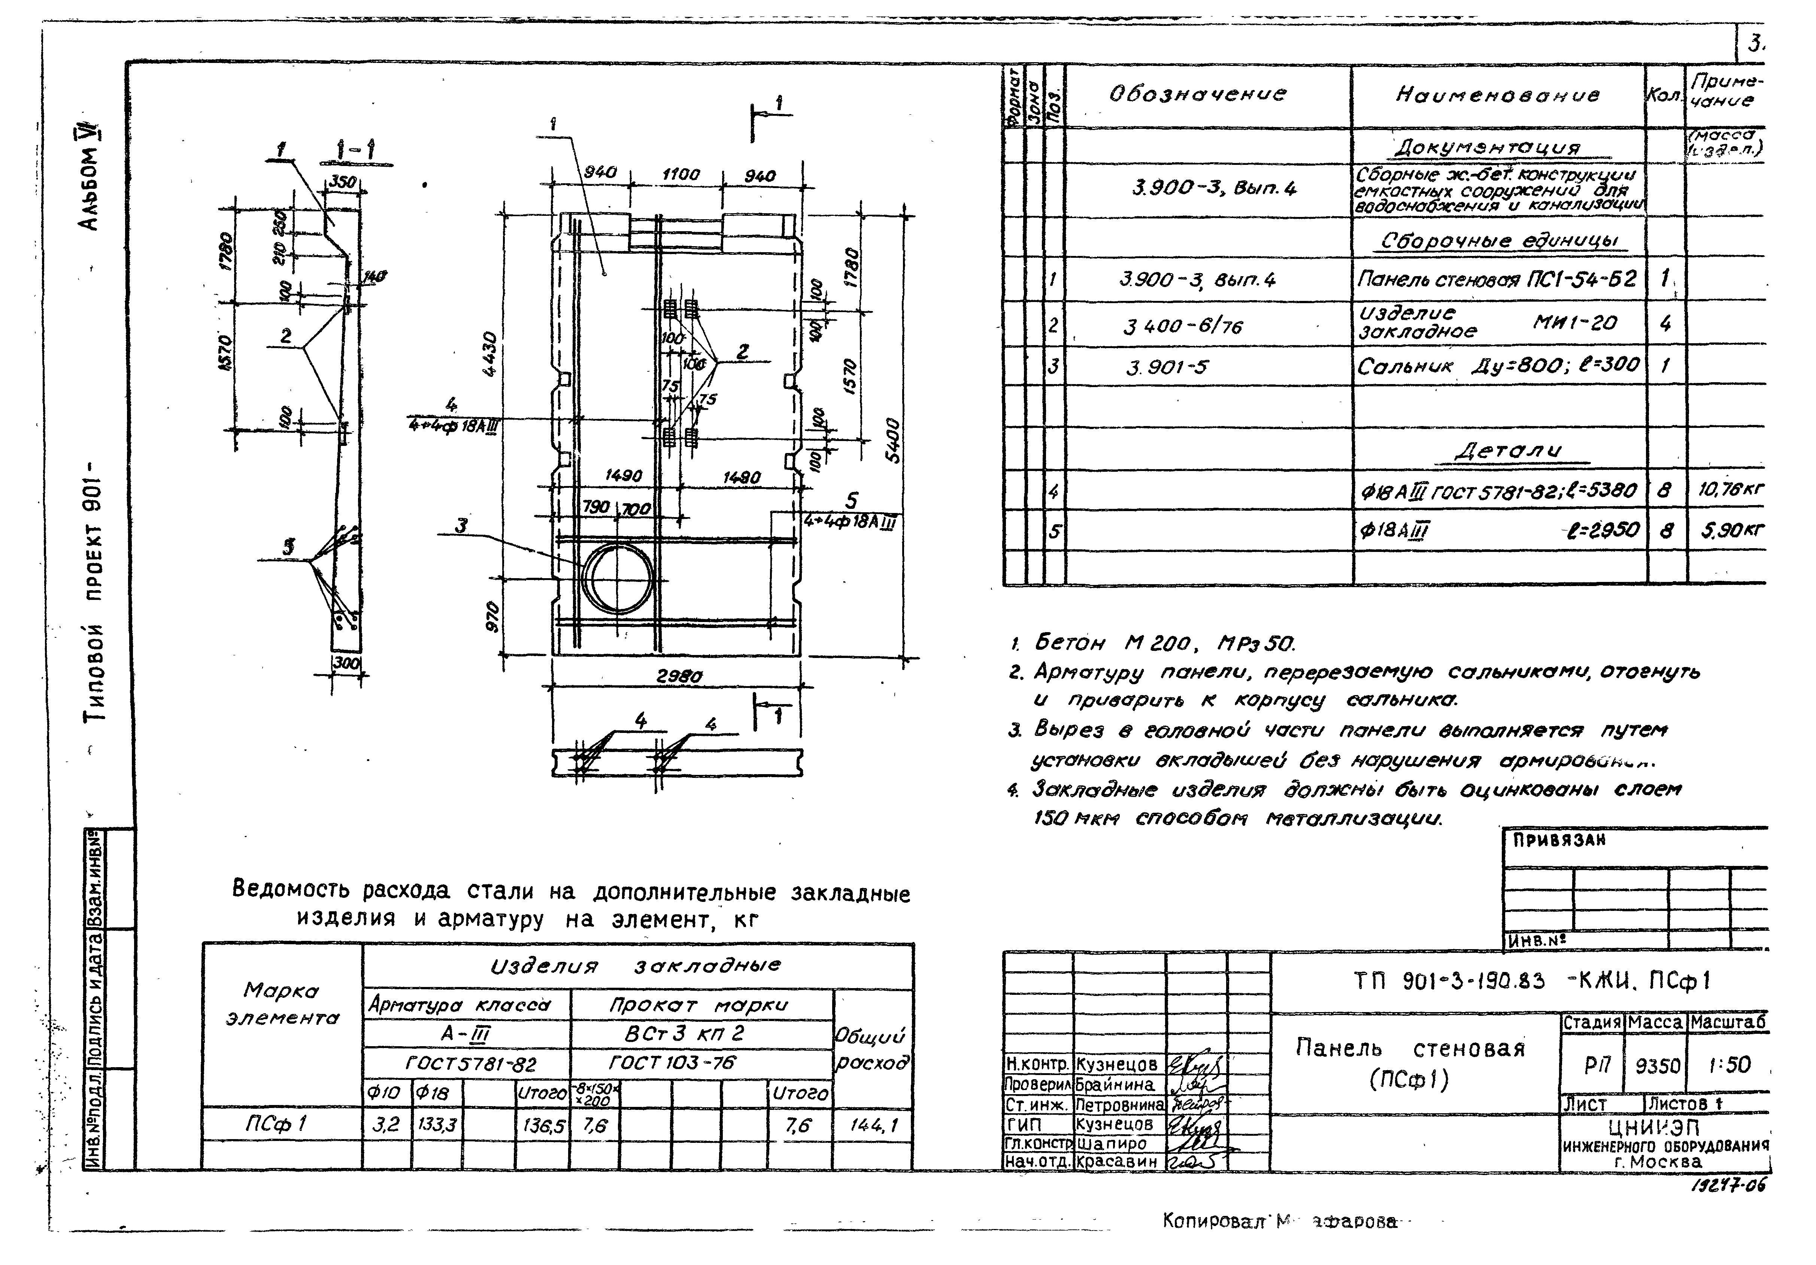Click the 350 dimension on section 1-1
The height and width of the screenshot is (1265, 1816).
342,182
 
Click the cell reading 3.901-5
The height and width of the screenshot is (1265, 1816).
1167,367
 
